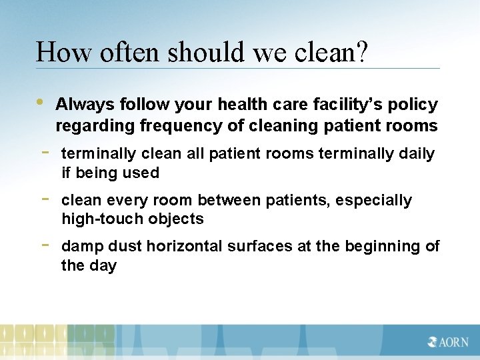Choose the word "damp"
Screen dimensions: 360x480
(x=82, y=247)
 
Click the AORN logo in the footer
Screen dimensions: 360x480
(x=447, y=342)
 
